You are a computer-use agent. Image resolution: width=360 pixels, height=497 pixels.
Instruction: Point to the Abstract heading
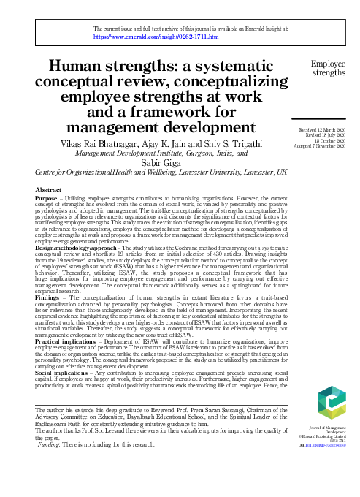click(48, 190)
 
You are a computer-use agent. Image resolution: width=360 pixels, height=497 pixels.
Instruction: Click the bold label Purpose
click(47, 199)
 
